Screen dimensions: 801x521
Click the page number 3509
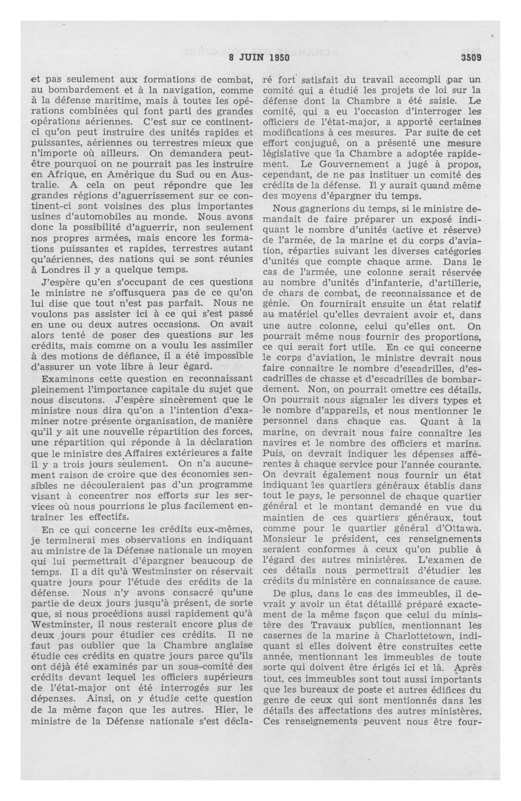tap(471, 58)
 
